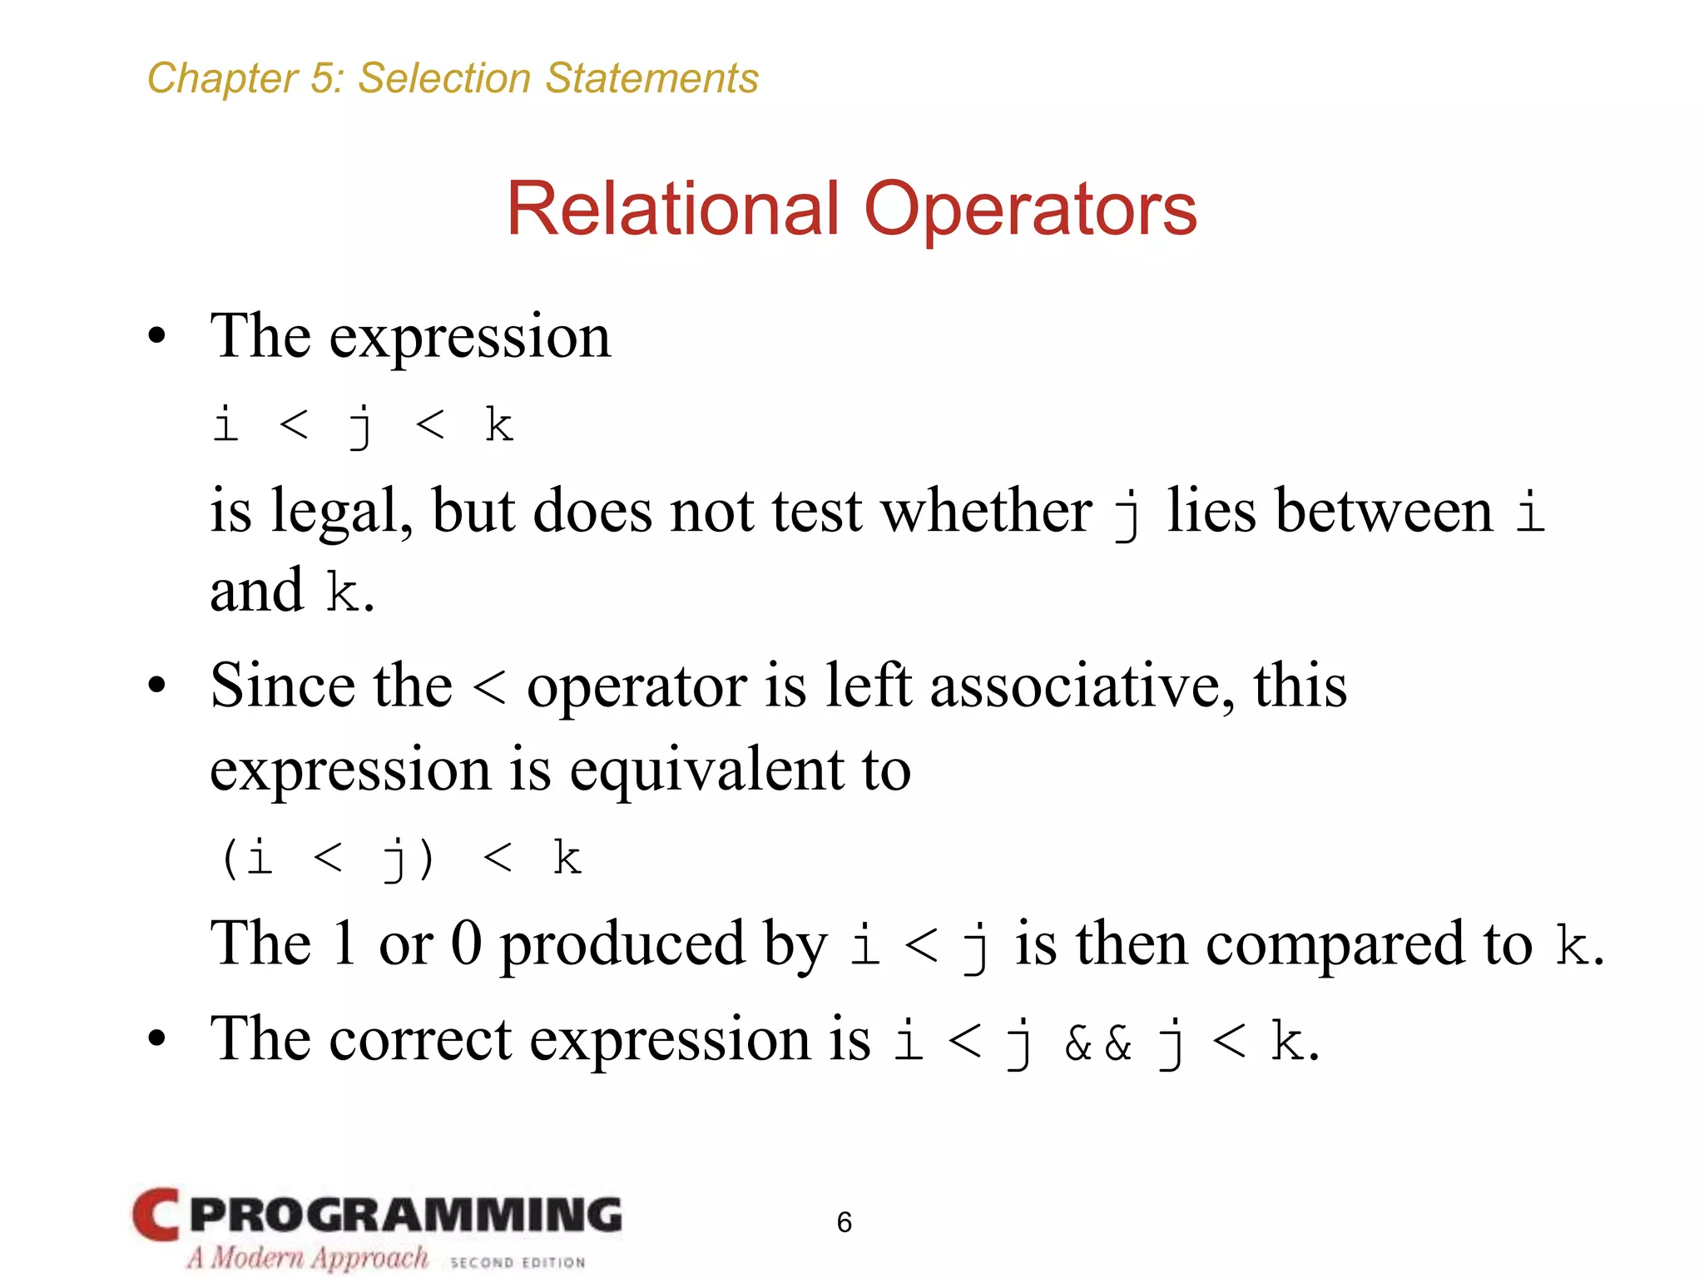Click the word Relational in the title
tap(672, 210)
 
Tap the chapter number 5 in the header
tap(321, 79)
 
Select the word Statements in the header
tap(651, 79)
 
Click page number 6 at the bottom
tap(844, 1221)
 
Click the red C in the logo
tap(156, 1214)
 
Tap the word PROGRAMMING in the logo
tap(406, 1215)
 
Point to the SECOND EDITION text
tap(518, 1262)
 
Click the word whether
tap(986, 510)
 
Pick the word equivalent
tap(706, 770)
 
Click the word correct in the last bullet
tap(420, 1040)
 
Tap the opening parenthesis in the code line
tap(230, 859)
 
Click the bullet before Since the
tap(156, 686)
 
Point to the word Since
tap(282, 686)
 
